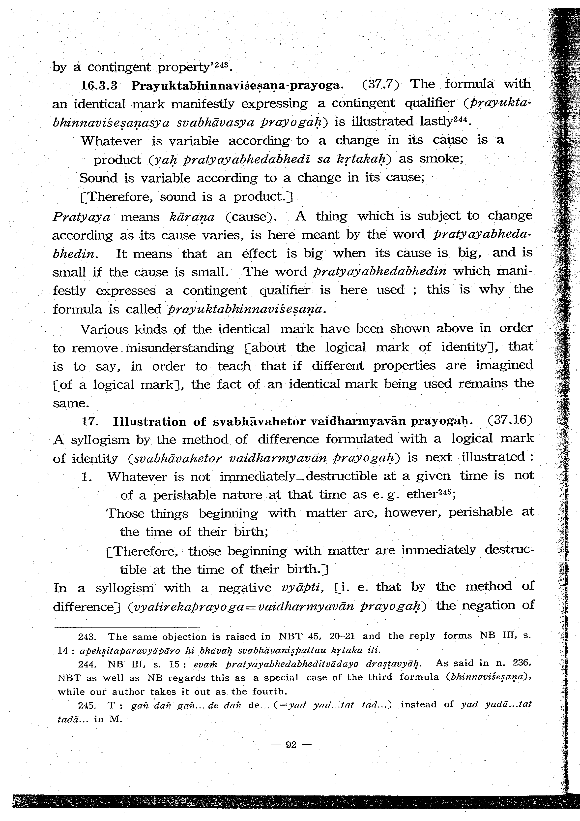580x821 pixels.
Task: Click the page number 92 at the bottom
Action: (x=291, y=745)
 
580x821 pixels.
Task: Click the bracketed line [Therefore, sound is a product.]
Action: (x=186, y=197)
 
